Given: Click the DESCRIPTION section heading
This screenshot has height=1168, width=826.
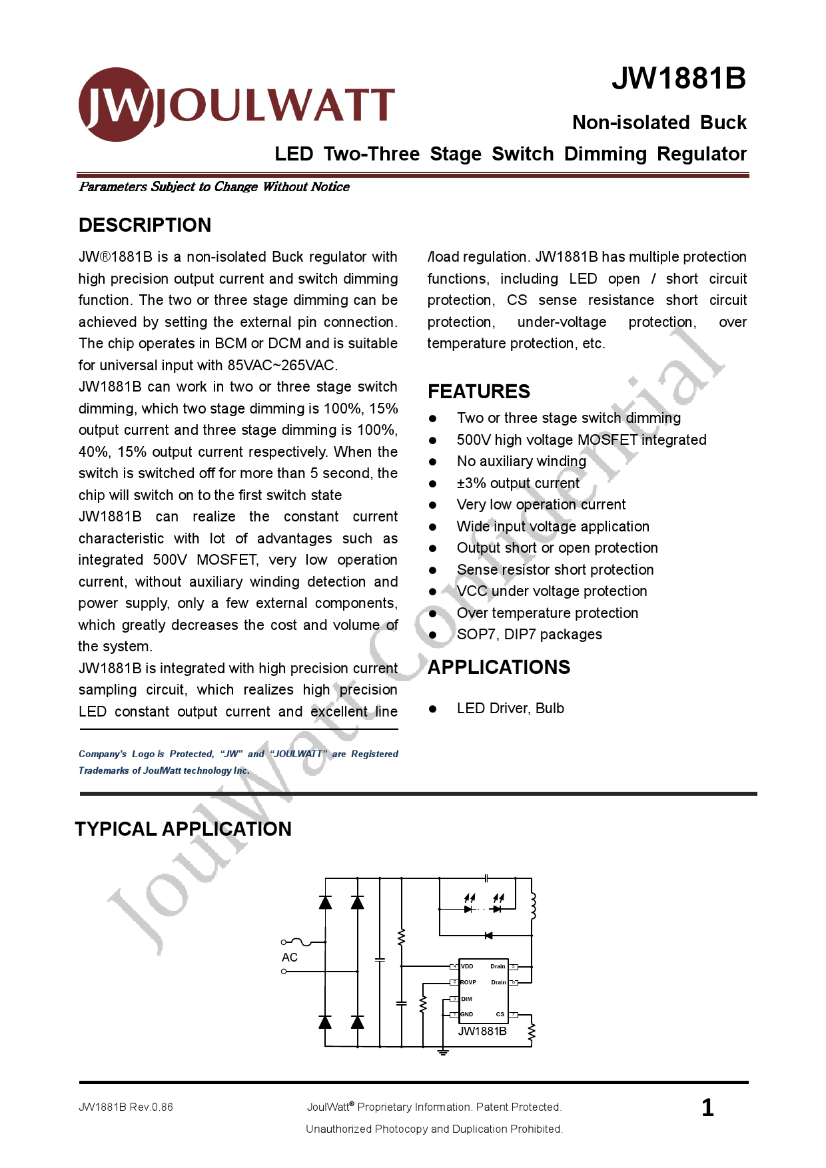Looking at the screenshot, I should [145, 225].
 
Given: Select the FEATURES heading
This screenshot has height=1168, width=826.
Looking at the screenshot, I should [478, 392].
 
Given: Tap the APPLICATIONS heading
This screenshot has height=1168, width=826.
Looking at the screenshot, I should [498, 667].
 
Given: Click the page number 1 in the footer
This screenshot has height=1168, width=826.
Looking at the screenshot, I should [707, 1107].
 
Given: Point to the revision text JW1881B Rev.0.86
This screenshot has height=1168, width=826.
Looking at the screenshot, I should [126, 1107].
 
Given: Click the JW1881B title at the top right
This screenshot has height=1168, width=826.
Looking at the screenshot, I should [678, 79].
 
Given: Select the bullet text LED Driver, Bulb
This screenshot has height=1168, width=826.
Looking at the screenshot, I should [510, 709].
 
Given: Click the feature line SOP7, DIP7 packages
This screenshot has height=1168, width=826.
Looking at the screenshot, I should [529, 635].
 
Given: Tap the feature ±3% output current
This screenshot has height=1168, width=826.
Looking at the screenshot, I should [518, 483].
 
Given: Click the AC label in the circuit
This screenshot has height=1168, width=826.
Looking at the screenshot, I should [290, 958].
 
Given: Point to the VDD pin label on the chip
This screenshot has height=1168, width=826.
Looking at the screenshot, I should [467, 966].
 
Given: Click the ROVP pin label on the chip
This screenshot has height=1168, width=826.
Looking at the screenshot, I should [468, 982].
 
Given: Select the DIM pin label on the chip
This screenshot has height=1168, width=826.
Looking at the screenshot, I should [466, 999].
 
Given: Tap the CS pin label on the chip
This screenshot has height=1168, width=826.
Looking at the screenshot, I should [500, 1014].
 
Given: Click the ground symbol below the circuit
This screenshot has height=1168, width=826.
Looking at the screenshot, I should [443, 1052].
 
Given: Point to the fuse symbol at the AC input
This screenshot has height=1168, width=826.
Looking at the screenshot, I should [302, 942].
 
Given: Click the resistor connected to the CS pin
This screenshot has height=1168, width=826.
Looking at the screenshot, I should [532, 1033].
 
